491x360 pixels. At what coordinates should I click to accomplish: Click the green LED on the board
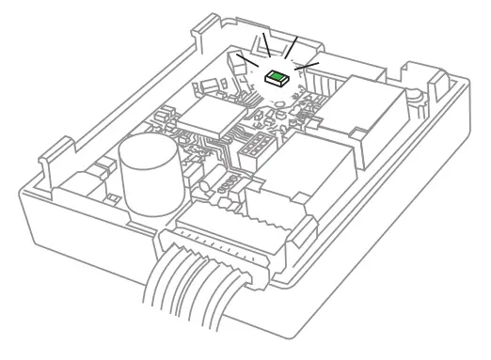coord(277,78)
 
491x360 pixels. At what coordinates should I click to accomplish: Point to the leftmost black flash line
coord(245,59)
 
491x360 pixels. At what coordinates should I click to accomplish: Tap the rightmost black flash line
coord(308,66)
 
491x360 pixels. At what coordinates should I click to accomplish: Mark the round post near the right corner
coord(415,94)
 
